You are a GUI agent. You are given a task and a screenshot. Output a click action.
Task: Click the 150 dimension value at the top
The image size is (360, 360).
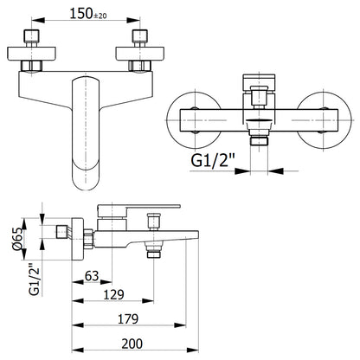(81, 14)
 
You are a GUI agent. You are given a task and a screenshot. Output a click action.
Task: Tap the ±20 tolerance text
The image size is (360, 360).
(100, 16)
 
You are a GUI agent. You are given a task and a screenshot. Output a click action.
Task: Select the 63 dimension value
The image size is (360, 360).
(92, 276)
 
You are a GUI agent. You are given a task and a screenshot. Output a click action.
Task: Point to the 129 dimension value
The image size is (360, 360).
(113, 294)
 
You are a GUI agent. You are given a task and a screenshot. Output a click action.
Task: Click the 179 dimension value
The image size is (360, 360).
(128, 318)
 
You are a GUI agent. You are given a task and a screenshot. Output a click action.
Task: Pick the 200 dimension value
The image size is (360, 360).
(132, 344)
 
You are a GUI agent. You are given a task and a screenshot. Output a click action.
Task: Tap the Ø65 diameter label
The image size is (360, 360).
(17, 239)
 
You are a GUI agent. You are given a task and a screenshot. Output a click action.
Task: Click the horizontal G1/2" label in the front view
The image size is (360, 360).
(213, 160)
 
